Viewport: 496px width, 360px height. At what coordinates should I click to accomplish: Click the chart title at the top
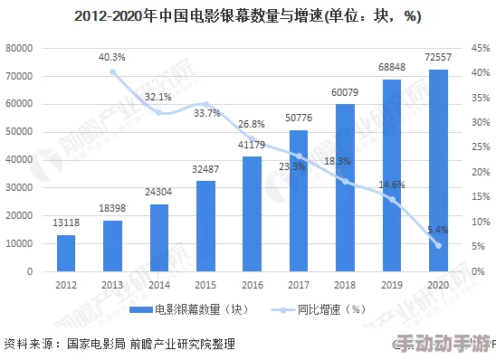248,16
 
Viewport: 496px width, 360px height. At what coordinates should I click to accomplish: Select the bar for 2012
66,252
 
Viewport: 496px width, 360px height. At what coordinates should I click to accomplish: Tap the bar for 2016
252,213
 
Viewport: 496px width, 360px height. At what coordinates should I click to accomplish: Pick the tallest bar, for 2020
438,170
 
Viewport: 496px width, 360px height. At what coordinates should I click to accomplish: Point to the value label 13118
66,224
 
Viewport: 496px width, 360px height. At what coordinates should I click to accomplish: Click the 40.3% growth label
112,57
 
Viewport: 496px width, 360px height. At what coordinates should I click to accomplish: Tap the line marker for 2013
112,71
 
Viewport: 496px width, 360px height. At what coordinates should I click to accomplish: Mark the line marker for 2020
438,245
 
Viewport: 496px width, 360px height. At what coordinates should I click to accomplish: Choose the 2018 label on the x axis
345,285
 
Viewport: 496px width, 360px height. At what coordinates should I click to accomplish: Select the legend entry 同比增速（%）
319,309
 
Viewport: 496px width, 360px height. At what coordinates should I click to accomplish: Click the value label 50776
298,118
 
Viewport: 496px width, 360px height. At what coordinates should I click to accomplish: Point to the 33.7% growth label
205,114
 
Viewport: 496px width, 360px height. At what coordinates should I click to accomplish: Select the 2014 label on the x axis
158,285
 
